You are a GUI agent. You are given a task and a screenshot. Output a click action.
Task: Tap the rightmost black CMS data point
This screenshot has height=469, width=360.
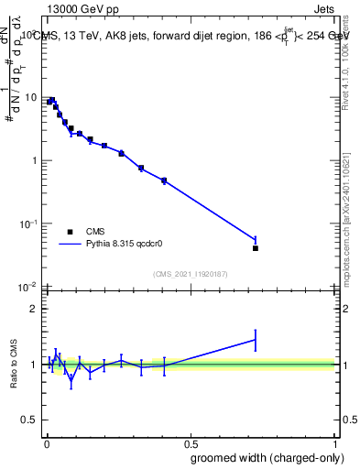point(256,248)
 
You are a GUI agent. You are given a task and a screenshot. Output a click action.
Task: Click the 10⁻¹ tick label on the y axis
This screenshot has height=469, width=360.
point(30,223)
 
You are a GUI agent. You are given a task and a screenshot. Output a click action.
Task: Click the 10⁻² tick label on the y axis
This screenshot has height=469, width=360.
point(30,286)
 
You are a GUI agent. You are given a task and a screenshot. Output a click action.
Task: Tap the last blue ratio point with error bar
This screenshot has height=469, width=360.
point(256,340)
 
